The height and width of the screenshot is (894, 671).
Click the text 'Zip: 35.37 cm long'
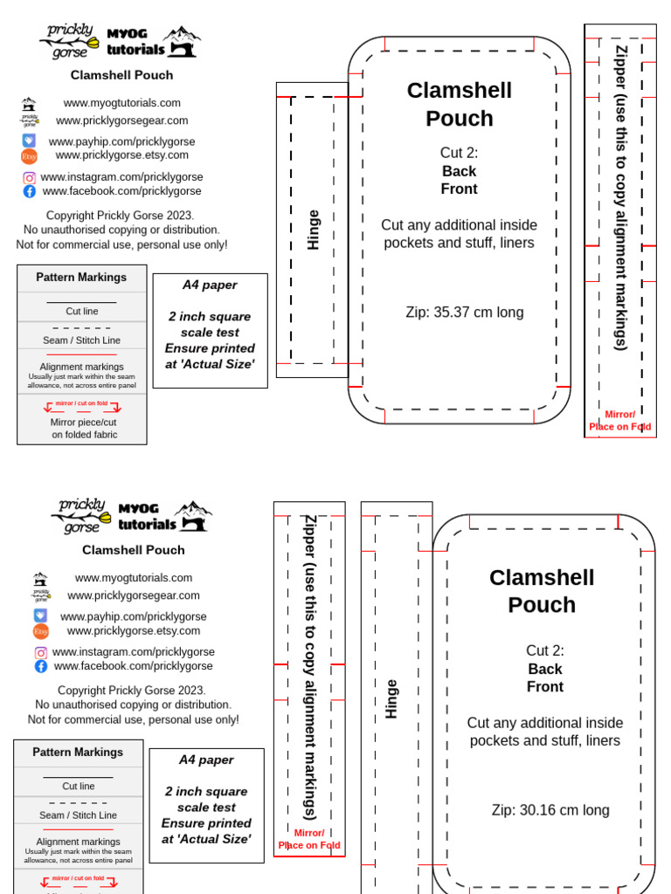464,313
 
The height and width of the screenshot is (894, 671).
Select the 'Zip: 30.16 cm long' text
550,810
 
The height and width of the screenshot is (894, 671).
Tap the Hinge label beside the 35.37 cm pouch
313,230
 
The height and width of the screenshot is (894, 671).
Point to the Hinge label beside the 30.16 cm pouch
391,698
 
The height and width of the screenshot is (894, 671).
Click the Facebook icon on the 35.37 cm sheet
30,191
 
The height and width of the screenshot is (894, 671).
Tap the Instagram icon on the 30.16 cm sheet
41,652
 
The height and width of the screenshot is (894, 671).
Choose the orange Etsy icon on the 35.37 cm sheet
29,156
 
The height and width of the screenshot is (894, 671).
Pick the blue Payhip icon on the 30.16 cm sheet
40,615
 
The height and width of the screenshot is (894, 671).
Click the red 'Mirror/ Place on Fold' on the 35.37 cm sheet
619,421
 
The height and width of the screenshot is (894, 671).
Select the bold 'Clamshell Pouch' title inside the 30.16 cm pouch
541,591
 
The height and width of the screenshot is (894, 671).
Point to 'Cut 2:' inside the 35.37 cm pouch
459,153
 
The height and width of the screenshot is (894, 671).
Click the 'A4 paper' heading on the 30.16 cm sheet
206,760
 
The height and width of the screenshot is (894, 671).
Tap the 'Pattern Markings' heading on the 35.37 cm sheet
81,278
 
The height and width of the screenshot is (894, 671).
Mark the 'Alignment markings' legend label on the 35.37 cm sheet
81,367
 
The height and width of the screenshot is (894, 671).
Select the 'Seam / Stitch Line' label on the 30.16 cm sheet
78,815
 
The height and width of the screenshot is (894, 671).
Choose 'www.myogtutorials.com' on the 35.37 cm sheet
121,103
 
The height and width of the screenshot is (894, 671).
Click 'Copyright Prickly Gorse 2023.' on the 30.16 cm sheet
132,690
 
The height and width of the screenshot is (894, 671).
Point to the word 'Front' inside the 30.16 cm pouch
544,687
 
